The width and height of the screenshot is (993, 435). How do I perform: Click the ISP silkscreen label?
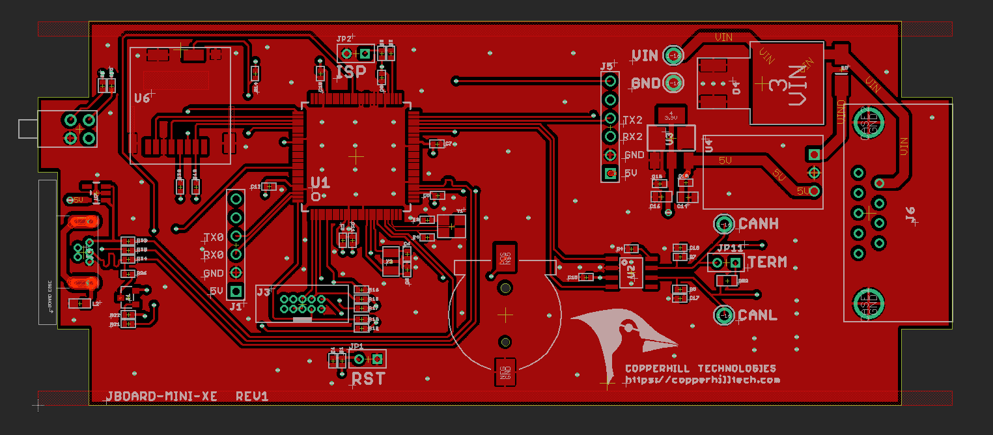tap(351, 72)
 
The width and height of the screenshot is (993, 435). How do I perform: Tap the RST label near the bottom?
tap(369, 378)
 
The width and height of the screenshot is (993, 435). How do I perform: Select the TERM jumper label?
tap(768, 262)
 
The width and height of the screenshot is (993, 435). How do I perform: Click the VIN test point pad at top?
tap(674, 56)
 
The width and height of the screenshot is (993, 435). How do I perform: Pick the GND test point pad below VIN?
tap(674, 83)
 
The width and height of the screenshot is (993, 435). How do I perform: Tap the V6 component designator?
tap(142, 98)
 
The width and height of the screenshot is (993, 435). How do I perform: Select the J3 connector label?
tap(263, 292)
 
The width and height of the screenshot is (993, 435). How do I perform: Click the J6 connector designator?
tap(911, 212)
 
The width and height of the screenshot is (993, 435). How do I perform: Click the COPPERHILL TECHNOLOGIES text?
tap(700, 369)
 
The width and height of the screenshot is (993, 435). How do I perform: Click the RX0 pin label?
tap(214, 255)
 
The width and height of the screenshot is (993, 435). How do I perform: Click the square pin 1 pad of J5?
tap(610, 173)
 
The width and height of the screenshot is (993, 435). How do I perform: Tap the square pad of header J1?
tap(236, 291)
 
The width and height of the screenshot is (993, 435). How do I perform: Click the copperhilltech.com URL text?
tap(703, 380)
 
